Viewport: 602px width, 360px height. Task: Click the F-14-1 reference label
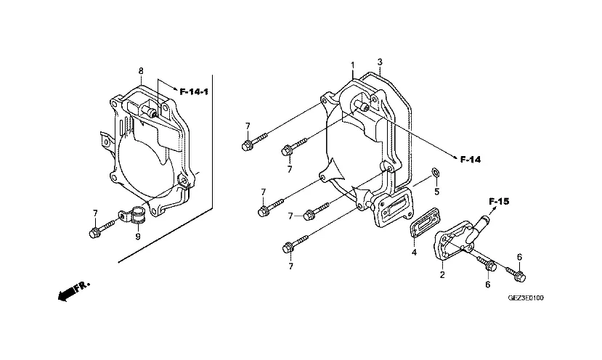pos(194,91)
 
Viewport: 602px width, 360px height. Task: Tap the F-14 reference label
pos(471,159)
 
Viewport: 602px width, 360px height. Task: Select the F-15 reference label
pos(499,201)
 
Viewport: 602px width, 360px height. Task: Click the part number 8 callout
pos(141,71)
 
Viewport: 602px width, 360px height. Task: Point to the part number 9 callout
pos(138,237)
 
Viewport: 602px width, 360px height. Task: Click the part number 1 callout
pos(352,65)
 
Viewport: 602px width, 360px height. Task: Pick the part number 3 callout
pos(380,62)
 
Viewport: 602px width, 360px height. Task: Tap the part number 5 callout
pos(436,192)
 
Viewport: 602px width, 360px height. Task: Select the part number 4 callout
pos(414,253)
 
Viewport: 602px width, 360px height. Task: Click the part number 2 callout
pos(442,275)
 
